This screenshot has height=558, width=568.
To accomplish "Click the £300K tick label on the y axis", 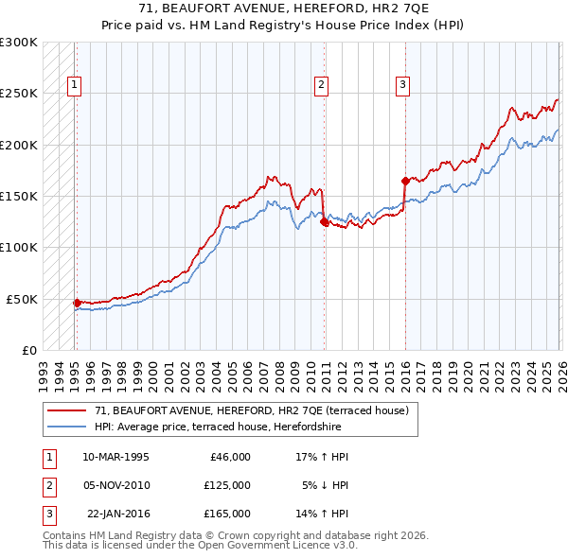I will [x=19, y=43].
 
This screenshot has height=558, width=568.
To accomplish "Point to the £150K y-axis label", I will [x=19, y=196].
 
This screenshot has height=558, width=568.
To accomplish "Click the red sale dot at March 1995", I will [x=78, y=303].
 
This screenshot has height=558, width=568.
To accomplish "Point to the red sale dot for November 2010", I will [x=324, y=222].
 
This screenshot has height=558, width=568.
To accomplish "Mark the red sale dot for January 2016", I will [x=405, y=181].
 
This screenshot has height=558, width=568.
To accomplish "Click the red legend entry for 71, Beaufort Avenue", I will [x=251, y=410].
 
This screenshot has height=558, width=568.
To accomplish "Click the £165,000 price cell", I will [x=226, y=514].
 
